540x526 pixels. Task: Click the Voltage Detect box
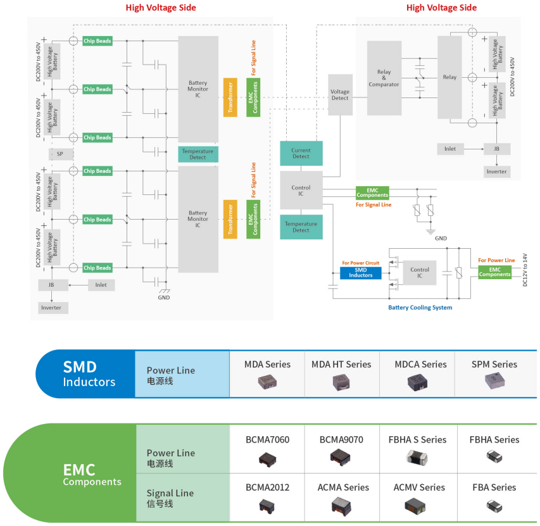point(340,94)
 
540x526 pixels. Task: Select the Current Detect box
point(301,153)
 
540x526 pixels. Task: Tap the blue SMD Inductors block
point(361,272)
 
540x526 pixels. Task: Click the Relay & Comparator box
point(384,78)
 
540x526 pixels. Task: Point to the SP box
point(60,154)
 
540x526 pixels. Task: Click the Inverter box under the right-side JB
point(497,172)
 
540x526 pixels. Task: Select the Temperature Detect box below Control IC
point(301,227)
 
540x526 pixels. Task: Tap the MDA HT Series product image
point(341,382)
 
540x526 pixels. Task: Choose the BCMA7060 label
point(267,439)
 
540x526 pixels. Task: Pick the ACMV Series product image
point(418,505)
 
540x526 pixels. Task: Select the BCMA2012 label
point(267,487)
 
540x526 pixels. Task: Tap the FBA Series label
point(494,487)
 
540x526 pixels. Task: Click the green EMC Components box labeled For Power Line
point(494,272)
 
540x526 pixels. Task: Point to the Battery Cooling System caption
point(420,308)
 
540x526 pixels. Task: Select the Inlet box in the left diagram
point(101,285)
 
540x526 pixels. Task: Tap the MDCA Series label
point(420,364)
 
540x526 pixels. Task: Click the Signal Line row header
point(170,498)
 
